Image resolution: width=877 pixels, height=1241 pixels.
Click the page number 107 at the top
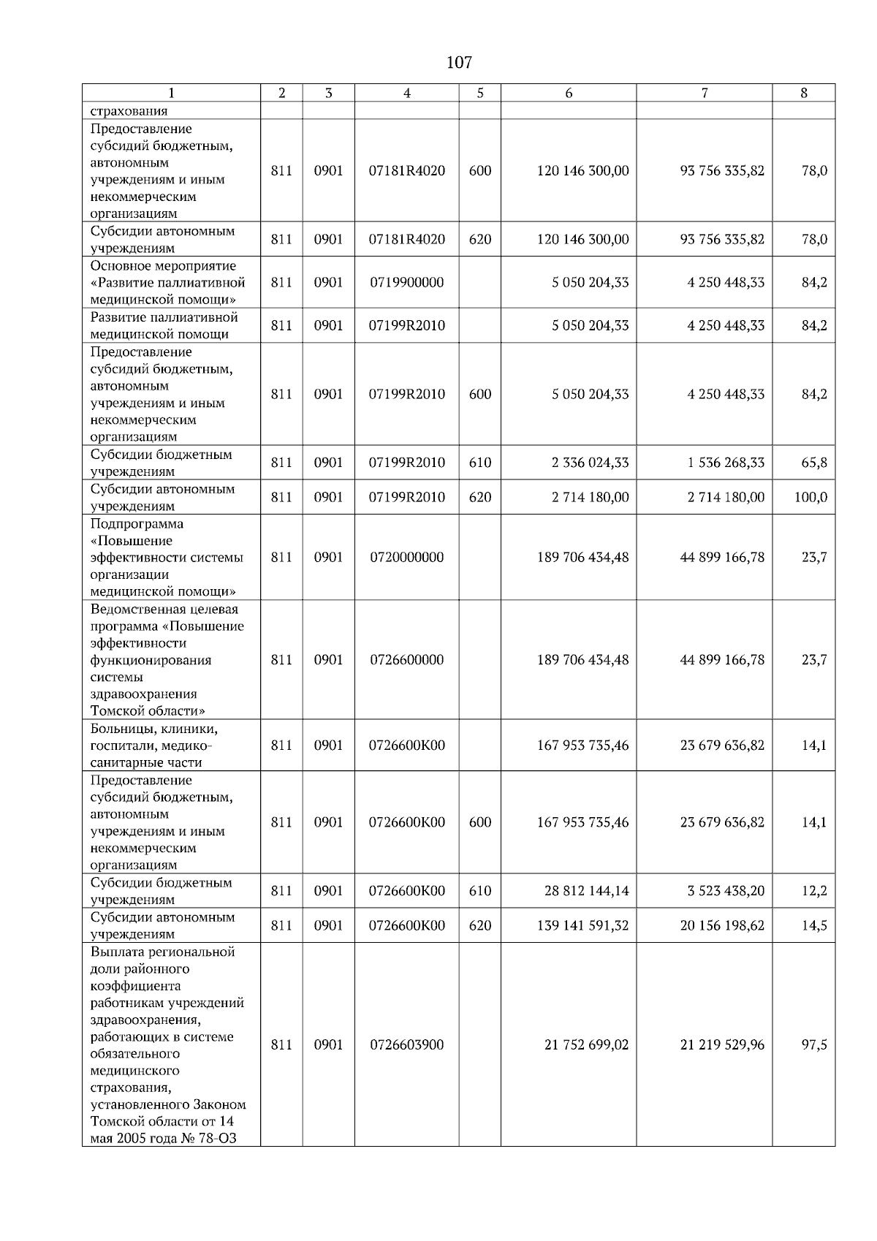point(459,63)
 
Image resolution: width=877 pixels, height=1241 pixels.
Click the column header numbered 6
point(569,93)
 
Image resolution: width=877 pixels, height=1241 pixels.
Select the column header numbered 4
point(406,93)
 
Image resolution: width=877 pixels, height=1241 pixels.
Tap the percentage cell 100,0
point(810,498)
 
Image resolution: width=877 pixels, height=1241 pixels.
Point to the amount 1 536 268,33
point(726,463)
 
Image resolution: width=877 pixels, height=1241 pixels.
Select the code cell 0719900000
point(406,283)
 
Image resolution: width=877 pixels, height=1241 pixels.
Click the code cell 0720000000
point(406,558)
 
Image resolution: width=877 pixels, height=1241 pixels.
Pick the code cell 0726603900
point(406,1045)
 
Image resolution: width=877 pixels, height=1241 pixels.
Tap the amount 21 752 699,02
point(586,1045)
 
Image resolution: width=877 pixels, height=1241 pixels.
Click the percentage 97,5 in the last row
point(814,1045)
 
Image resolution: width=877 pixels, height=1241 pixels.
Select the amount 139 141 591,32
point(582,926)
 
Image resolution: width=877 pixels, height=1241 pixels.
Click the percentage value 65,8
point(814,463)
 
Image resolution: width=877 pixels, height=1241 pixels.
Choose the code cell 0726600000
point(406,660)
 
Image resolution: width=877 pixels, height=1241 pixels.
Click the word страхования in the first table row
point(129,111)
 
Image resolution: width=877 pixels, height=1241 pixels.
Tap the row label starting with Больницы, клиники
point(153,745)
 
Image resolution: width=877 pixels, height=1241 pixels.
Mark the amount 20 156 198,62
point(722,926)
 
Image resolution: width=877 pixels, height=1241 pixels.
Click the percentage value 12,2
point(814,891)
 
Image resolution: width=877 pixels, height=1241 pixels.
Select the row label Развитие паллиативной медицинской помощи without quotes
point(164,326)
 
